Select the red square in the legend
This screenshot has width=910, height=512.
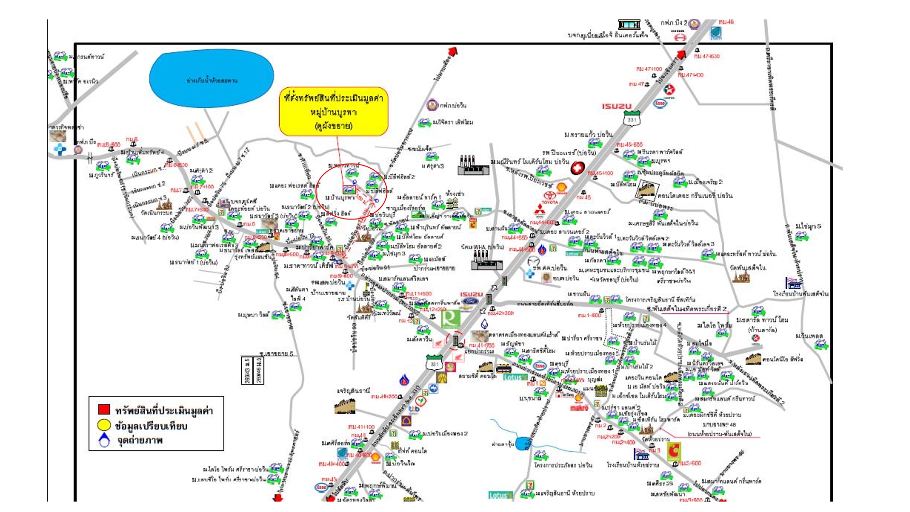[104, 409]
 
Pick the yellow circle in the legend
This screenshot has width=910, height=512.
[104, 425]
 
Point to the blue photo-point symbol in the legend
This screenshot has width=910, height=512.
[104, 440]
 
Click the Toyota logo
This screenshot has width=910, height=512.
[549, 196]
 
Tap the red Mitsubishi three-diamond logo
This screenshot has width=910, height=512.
[539, 210]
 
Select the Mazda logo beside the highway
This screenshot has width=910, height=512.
[533, 261]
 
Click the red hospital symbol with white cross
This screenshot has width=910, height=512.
[577, 168]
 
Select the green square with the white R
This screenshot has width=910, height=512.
[450, 319]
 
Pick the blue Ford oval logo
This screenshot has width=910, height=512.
[471, 302]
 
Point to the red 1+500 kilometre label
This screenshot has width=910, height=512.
[589, 315]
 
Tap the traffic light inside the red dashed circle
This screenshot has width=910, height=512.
[455, 340]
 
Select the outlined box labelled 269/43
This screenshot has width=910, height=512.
[246, 370]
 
